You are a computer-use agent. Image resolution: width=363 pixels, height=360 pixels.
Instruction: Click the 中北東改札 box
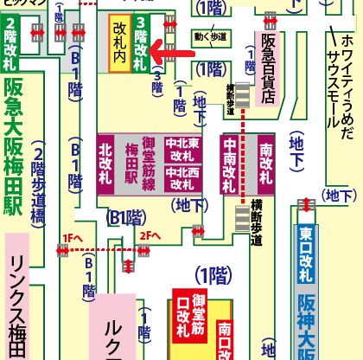(182, 150)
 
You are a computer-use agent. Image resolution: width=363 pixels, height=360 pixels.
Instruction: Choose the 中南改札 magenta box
(231, 164)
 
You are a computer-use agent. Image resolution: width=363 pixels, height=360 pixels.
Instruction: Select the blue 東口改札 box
(306, 254)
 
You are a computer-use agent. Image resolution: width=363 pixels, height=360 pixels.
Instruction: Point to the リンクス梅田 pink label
(17, 303)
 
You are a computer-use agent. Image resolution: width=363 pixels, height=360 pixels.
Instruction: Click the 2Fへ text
(151, 235)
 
